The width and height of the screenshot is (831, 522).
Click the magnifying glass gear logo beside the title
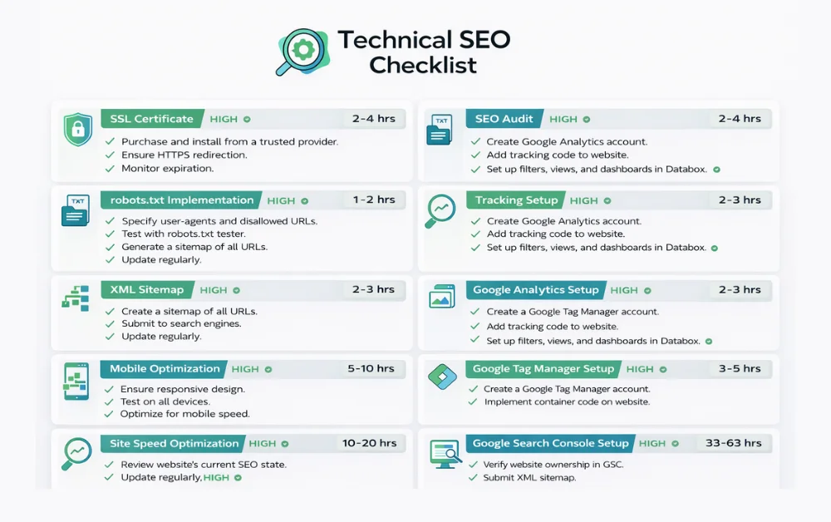point(302,51)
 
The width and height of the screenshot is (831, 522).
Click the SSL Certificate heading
point(151,119)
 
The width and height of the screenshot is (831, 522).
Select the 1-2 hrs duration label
point(373,200)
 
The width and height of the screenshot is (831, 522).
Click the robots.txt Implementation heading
point(181,200)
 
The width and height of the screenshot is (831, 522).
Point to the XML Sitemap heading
point(146,290)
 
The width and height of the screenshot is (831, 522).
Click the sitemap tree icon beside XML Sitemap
point(76,298)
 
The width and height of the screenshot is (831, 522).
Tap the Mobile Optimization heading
point(165,369)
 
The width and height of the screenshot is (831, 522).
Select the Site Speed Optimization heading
point(174,444)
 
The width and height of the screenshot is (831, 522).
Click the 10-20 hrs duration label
point(369,444)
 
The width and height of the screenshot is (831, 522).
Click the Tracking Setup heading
point(516,200)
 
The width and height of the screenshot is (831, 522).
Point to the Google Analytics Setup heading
point(535,290)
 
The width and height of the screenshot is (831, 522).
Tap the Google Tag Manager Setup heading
point(543,369)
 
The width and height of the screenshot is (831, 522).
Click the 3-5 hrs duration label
point(740,369)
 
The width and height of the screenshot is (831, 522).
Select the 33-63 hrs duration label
point(734,444)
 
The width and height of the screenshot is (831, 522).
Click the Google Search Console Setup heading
point(550,444)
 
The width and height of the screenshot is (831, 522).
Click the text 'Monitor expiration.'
point(167,169)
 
